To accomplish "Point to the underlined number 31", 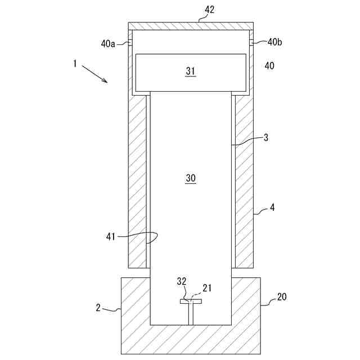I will (x=190, y=71).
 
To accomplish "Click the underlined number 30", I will (x=190, y=178).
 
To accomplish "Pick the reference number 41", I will (x=110, y=237).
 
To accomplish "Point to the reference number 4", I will (x=272, y=208).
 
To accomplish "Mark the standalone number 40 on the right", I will (x=269, y=66).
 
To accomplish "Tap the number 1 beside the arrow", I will (x=75, y=64).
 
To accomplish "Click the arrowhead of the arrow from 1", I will (x=106, y=82).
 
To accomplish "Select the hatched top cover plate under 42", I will (x=191, y=26).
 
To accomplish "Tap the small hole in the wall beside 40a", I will (x=130, y=43).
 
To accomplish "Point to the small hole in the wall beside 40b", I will (x=251, y=42).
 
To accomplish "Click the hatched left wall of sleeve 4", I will (x=137, y=180).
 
